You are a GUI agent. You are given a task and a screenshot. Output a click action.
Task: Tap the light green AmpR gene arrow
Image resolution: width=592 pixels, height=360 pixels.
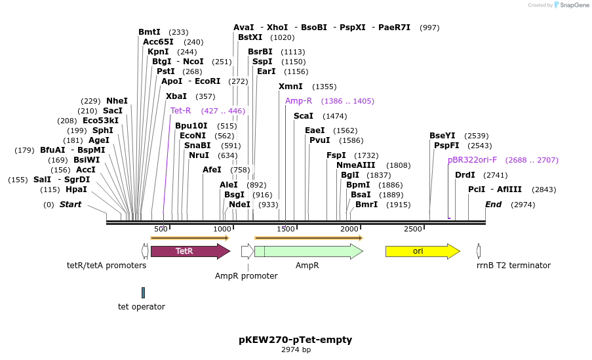(308, 251)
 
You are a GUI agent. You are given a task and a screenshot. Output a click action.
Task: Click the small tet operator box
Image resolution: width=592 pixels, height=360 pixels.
(143, 292)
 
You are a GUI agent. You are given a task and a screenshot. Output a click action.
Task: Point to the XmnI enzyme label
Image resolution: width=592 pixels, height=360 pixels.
(290, 87)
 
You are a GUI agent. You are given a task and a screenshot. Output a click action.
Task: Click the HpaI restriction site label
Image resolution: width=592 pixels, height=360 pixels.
(76, 190)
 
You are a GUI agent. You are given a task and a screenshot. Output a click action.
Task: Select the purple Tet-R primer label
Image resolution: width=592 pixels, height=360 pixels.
(180, 111)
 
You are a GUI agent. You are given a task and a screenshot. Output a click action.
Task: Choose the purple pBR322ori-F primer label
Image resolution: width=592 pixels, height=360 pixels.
(472, 160)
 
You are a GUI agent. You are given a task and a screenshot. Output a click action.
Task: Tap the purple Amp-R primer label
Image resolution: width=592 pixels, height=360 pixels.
(298, 101)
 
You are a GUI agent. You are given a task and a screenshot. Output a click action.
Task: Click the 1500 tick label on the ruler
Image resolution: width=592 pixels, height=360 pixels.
(286, 229)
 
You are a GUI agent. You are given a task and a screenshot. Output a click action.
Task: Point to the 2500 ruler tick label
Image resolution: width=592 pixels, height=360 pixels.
(413, 229)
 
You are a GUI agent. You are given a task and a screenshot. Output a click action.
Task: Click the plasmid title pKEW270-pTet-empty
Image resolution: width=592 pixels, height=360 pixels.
(296, 340)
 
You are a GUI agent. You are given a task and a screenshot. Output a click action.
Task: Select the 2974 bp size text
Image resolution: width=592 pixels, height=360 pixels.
(296, 350)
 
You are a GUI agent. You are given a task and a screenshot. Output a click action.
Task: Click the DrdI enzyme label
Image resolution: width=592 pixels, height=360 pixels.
(465, 175)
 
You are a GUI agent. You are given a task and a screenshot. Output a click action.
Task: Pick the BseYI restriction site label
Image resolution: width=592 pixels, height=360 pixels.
(443, 136)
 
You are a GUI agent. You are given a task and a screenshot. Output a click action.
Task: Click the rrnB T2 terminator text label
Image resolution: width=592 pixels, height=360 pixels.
(513, 266)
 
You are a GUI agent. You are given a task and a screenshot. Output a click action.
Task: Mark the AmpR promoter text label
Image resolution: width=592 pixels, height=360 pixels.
(247, 276)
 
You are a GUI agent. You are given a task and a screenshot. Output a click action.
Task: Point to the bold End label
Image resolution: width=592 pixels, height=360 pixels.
(493, 205)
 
